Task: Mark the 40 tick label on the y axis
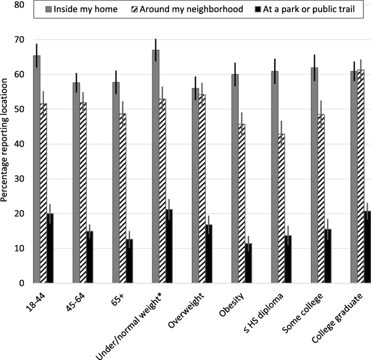19,144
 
